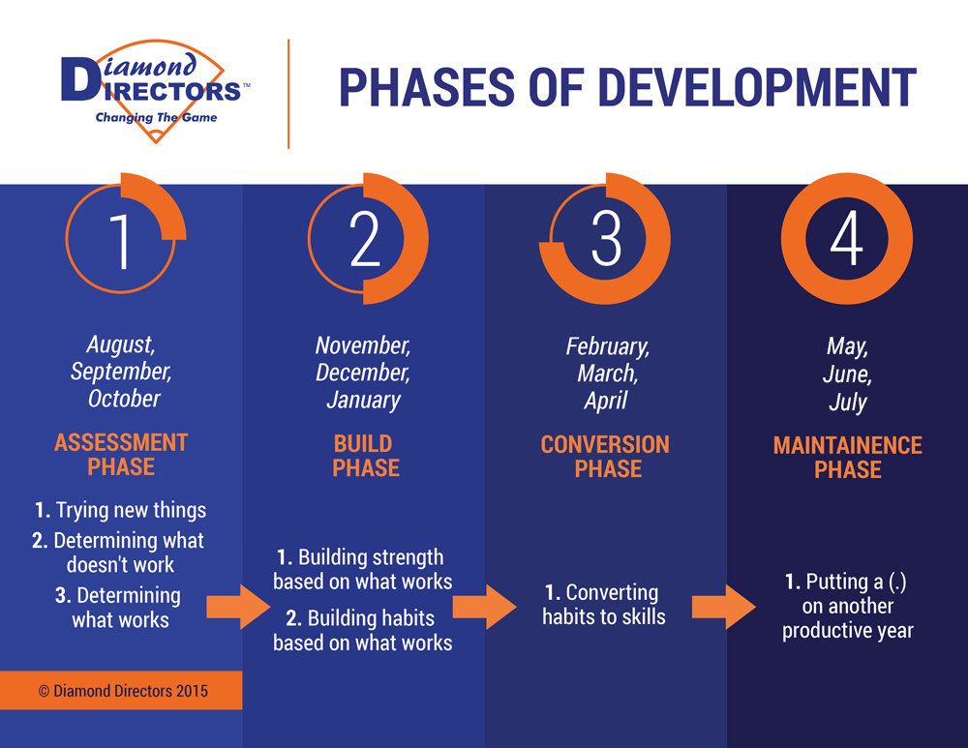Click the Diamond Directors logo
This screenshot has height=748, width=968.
click(156, 90)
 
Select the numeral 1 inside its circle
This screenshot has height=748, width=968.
click(120, 241)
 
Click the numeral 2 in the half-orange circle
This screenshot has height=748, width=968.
click(364, 239)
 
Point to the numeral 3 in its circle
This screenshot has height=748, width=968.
click(606, 238)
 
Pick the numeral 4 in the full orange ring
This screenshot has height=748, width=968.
click(846, 238)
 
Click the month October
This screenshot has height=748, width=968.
click(124, 399)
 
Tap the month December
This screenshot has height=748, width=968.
click(363, 373)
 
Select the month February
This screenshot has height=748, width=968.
click(608, 346)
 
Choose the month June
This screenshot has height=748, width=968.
click(847, 374)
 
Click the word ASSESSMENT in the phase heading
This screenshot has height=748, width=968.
click(121, 442)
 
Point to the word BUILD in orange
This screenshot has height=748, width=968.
click(363, 444)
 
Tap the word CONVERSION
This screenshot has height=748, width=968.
click(605, 444)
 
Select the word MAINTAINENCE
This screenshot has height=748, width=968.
click(848, 445)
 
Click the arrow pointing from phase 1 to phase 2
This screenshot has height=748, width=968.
click(238, 607)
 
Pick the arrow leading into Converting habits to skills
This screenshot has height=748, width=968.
click(485, 607)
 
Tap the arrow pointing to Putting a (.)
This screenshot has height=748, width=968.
click(724, 607)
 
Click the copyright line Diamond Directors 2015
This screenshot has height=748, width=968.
click(124, 691)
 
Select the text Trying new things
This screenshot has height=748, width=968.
click(131, 510)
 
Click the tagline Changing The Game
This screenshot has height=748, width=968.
click(156, 117)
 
